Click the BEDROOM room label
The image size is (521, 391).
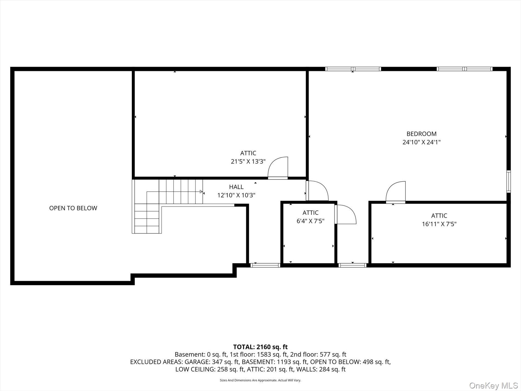coord(421,134)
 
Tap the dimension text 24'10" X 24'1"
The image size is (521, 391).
coord(421,142)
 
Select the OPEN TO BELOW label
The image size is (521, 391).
coord(73,208)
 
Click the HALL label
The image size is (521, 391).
coord(236,187)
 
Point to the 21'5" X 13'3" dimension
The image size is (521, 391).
coord(248,161)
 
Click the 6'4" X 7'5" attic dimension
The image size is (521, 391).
coord(310,221)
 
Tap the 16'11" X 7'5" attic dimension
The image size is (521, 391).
coord(439,224)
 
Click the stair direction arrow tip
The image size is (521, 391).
coord(202,192)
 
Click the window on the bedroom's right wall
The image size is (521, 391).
coord(508,181)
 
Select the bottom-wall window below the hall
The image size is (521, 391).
coord(265,265)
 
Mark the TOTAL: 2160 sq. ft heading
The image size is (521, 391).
coord(260,347)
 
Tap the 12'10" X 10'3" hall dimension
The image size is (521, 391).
coord(236,195)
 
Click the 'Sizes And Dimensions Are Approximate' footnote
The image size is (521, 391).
coord(260,380)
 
